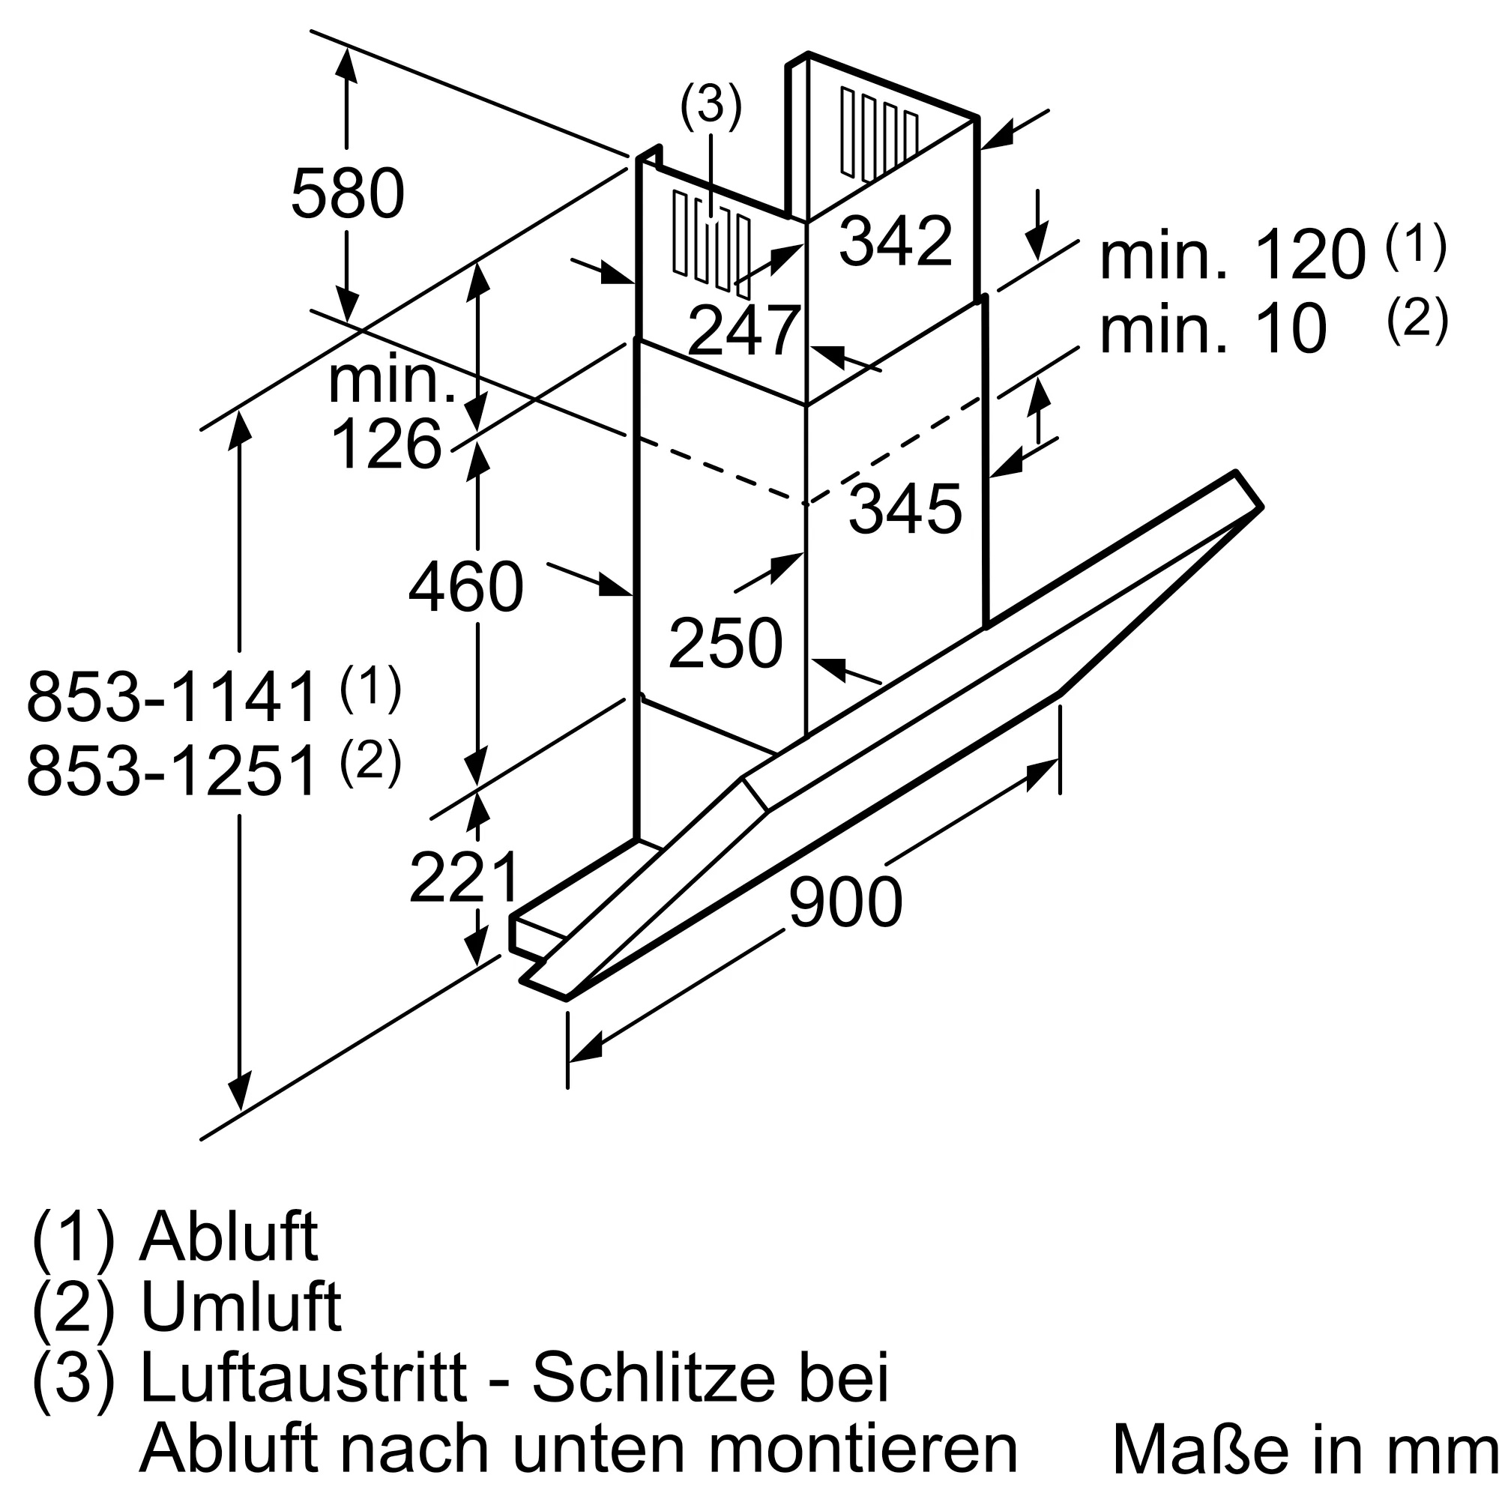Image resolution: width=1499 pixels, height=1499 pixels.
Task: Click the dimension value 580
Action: click(x=347, y=193)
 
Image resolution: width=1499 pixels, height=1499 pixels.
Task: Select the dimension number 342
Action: click(x=896, y=241)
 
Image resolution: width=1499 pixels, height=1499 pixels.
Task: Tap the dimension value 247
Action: click(x=744, y=331)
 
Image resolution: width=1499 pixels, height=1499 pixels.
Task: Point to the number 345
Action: click(x=905, y=509)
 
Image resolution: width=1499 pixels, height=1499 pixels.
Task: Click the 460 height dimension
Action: click(x=465, y=588)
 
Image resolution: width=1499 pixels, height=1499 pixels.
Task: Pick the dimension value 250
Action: click(x=726, y=642)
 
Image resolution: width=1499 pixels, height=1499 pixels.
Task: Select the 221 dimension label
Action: click(x=464, y=878)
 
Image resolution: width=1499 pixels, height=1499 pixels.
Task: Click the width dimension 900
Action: click(x=845, y=902)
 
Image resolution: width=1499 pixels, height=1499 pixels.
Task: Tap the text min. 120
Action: click(x=1232, y=256)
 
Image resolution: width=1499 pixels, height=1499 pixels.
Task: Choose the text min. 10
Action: click(x=1213, y=330)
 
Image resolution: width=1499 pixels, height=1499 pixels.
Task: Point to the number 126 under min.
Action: click(x=385, y=444)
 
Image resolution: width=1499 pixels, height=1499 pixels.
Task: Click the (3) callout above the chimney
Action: click(x=711, y=106)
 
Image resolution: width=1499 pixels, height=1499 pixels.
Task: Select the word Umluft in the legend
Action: click(x=241, y=1307)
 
